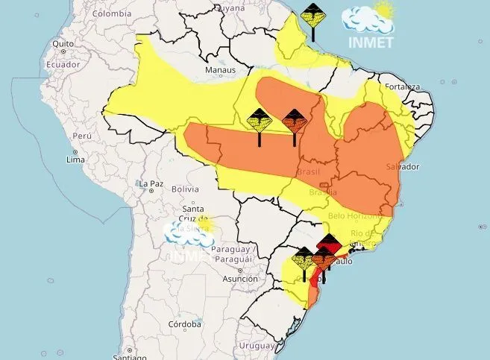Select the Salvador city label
coord(404,165)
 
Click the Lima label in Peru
coord(75,160)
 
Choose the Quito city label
coord(62,43)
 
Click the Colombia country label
coord(112,13)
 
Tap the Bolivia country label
coord(185,189)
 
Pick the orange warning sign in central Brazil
coord(295,121)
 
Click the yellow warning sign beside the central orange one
coord(260,120)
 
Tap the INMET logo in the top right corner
coord(369,27)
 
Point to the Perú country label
coord(82,137)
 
